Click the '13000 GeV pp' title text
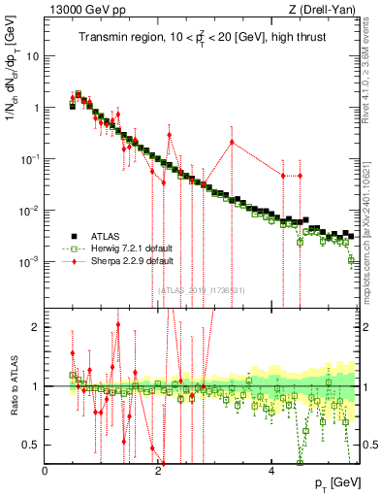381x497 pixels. pos(84,11)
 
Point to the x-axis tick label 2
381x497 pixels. pos(158,471)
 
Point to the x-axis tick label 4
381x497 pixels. pos(270,471)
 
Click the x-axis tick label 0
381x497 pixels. pos(46,471)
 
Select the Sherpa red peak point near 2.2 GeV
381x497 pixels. pos(169,134)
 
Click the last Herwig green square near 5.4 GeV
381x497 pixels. pos(352,259)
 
